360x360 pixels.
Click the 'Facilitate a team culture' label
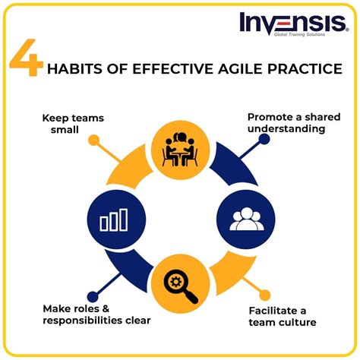pyautogui.click(x=288, y=317)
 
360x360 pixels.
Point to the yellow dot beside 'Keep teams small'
pyautogui.click(x=93, y=140)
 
